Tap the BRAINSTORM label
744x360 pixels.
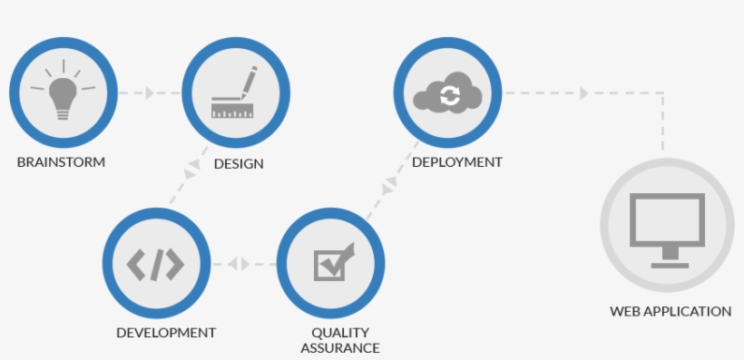pos(61,163)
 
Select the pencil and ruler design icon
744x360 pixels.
pos(235,93)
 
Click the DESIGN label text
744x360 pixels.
pos(239,164)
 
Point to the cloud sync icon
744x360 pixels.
pos(447,93)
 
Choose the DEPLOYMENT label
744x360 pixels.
pos(456,162)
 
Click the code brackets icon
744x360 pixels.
pos(155,264)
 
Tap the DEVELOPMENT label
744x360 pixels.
pos(166,333)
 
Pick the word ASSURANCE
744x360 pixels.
pos(339,347)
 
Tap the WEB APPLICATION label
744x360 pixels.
pos(671,311)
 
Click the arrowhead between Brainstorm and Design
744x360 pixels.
pos(150,92)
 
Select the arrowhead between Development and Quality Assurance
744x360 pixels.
pos(239,264)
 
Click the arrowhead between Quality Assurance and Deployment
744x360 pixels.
pos(390,183)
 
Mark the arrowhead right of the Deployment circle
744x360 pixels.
pos(584,92)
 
